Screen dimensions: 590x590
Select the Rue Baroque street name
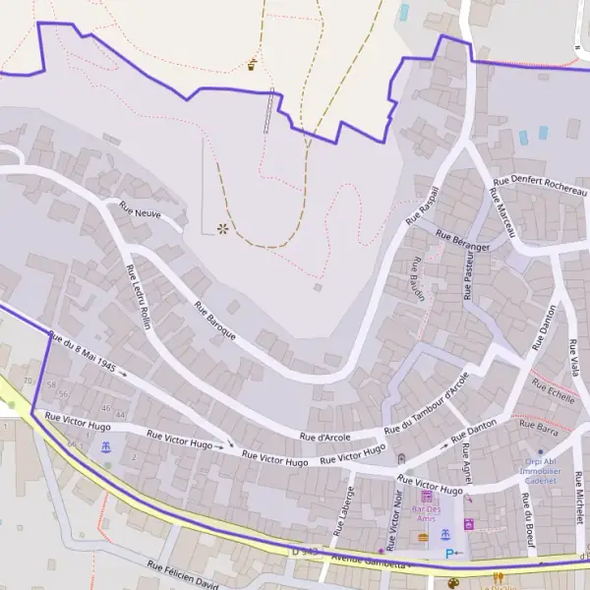click(x=215, y=322)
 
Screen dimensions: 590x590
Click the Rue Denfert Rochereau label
click(x=540, y=184)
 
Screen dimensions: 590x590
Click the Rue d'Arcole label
click(x=324, y=436)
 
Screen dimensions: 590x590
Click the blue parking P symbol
click(x=450, y=554)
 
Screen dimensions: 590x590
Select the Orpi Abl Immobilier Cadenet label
click(x=542, y=469)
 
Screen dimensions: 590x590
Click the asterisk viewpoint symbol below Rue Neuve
click(x=222, y=228)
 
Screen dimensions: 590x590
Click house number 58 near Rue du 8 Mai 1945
click(x=52, y=384)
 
